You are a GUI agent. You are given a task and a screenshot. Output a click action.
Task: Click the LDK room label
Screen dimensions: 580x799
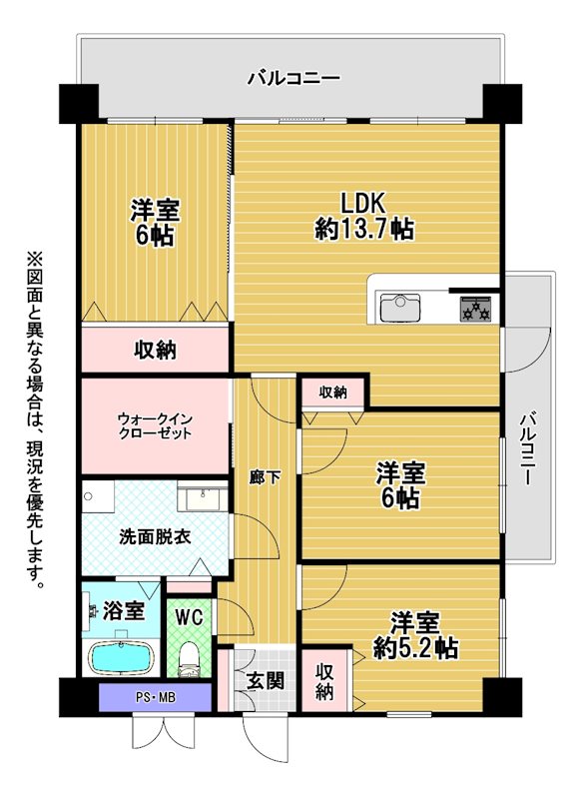pos(364,217)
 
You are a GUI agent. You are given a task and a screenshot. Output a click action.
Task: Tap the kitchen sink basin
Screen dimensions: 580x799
pos(400,308)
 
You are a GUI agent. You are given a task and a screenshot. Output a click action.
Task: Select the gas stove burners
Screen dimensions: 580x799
pos(475,309)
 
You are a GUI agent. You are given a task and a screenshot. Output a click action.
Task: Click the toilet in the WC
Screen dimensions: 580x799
pos(189,659)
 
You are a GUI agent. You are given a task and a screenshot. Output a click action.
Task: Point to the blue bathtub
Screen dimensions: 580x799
pos(122,657)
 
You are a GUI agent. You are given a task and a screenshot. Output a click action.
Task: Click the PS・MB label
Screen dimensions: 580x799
pos(156,697)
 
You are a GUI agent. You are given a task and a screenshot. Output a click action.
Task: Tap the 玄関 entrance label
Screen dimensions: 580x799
pos(265,681)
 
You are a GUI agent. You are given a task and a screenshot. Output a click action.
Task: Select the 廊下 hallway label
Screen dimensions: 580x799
pos(265,478)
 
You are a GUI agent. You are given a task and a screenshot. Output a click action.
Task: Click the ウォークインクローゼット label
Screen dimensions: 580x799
pos(155,426)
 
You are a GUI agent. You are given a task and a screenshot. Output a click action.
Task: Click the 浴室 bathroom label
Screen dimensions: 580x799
pos(123,610)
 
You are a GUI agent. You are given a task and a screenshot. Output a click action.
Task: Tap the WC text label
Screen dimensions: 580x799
pos(189,617)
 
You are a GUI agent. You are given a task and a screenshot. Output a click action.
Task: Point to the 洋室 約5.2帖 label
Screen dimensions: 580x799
pos(415,635)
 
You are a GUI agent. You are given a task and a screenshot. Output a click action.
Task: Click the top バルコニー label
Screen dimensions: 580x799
pos(293,79)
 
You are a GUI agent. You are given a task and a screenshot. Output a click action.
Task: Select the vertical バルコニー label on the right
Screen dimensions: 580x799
pos(527,449)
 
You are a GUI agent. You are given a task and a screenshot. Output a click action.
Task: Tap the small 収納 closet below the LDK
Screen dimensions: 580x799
pos(333,393)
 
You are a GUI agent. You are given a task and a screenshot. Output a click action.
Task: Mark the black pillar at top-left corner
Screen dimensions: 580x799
pos(79,104)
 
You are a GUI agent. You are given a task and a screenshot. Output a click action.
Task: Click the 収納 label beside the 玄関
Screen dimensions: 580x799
pos(324,681)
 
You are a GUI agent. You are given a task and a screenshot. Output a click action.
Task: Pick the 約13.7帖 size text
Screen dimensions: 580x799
pos(364,229)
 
